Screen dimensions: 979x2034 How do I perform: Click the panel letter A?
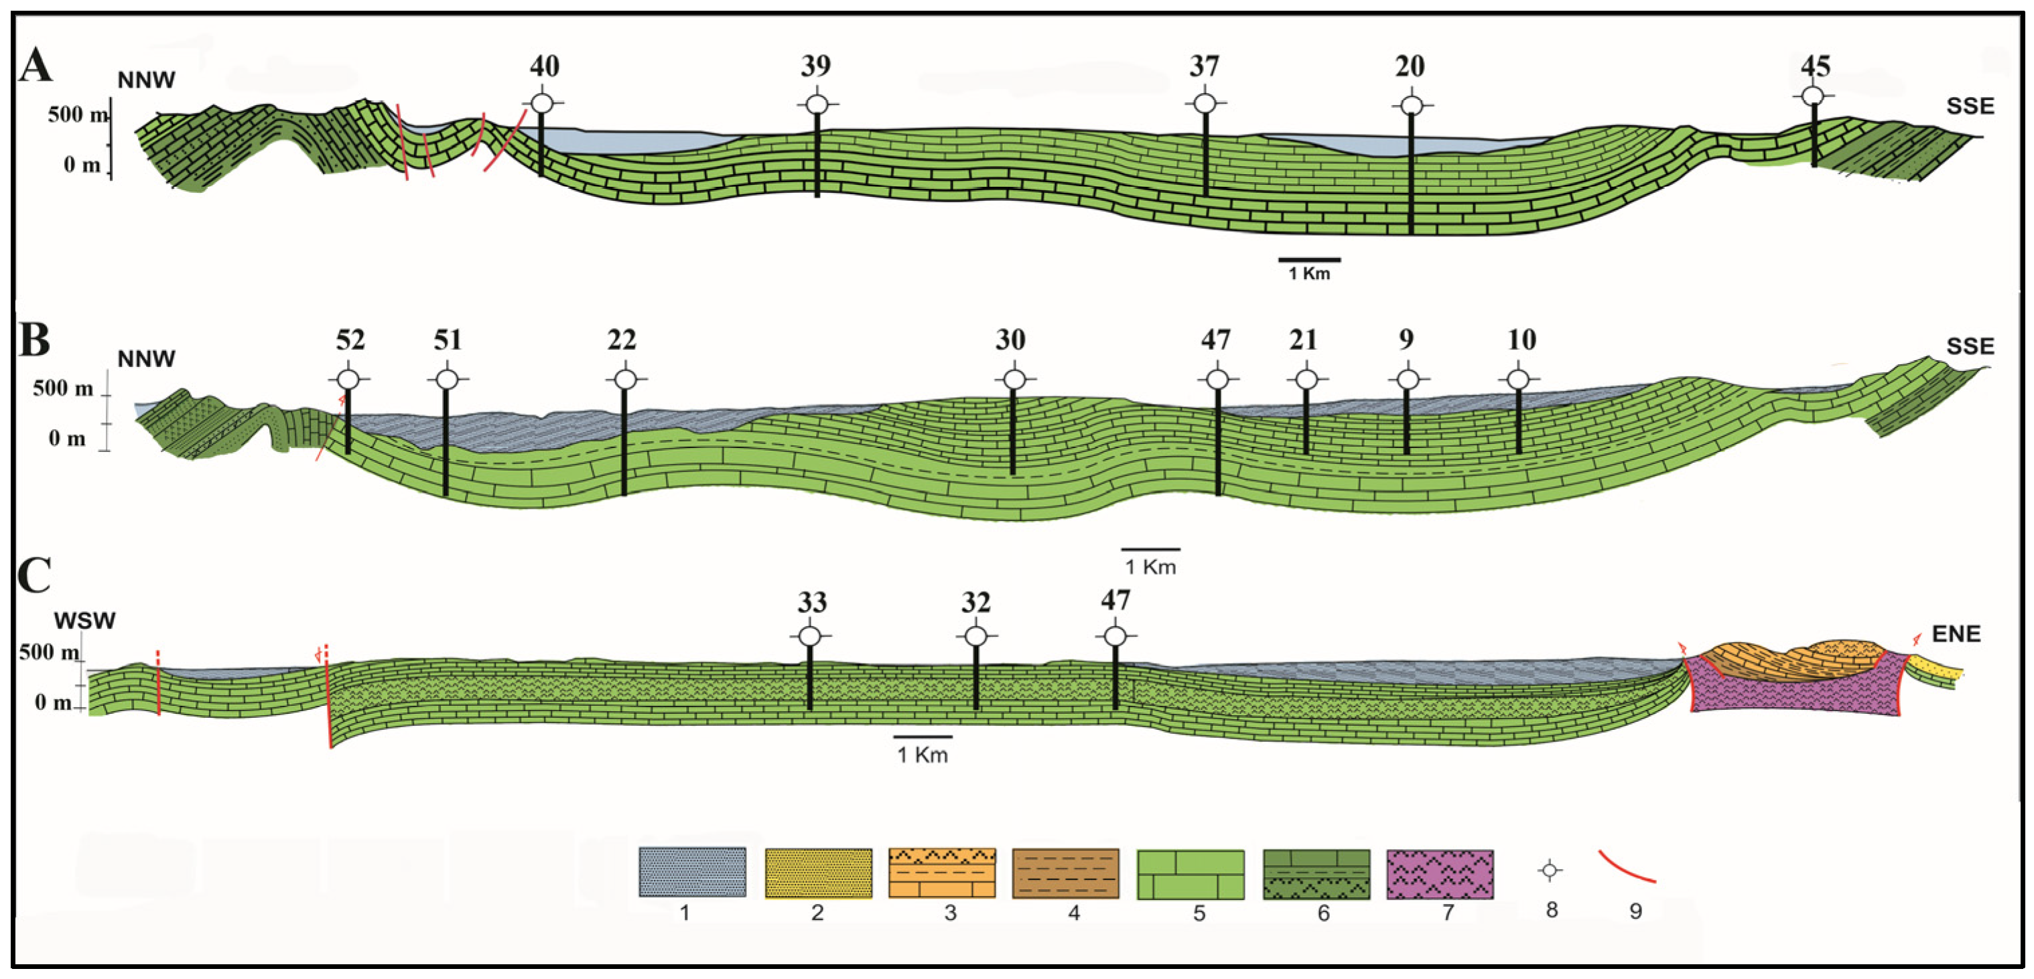(x=36, y=65)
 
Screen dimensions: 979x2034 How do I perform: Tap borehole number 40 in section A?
(x=544, y=66)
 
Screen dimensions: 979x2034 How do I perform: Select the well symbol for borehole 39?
(x=817, y=103)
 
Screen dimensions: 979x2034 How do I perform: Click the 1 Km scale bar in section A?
(x=1309, y=260)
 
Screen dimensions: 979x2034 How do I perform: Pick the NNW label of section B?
(x=146, y=358)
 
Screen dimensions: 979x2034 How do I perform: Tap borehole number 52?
(x=350, y=340)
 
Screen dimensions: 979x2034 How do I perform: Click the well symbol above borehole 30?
(x=1014, y=380)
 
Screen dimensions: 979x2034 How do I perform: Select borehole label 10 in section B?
(x=1521, y=340)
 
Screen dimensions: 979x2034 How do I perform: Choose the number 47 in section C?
(x=1115, y=601)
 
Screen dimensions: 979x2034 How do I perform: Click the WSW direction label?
(x=84, y=621)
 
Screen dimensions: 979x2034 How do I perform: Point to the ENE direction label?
(x=1956, y=634)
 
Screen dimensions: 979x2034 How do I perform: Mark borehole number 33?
(x=812, y=603)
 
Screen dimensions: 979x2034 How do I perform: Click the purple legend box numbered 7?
(x=1440, y=874)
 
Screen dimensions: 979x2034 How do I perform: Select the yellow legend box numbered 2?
(x=818, y=874)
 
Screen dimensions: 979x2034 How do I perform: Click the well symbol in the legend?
(x=1550, y=871)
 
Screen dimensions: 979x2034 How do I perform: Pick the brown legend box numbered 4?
(x=1065, y=874)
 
